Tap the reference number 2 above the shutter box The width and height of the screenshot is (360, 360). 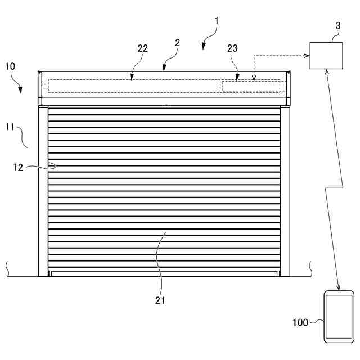(x=177, y=43)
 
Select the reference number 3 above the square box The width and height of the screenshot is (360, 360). (x=337, y=26)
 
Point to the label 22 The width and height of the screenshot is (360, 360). (x=143, y=48)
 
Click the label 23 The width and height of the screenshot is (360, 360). (x=233, y=49)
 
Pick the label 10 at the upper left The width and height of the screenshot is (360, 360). (x=10, y=66)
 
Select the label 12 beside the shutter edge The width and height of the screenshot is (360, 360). (x=17, y=166)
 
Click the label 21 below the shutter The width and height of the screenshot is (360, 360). (x=160, y=300)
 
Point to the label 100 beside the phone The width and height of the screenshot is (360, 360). (x=300, y=323)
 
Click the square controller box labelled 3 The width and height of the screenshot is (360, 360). (x=326, y=55)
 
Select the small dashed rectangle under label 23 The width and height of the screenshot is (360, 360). (x=251, y=86)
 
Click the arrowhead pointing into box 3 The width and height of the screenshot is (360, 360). (x=307, y=55)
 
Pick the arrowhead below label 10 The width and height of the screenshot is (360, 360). (x=21, y=91)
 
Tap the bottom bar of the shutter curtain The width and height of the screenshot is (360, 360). (x=164, y=274)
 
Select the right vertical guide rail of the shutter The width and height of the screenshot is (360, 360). (x=285, y=191)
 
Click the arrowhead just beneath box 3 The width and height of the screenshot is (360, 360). (x=327, y=72)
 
